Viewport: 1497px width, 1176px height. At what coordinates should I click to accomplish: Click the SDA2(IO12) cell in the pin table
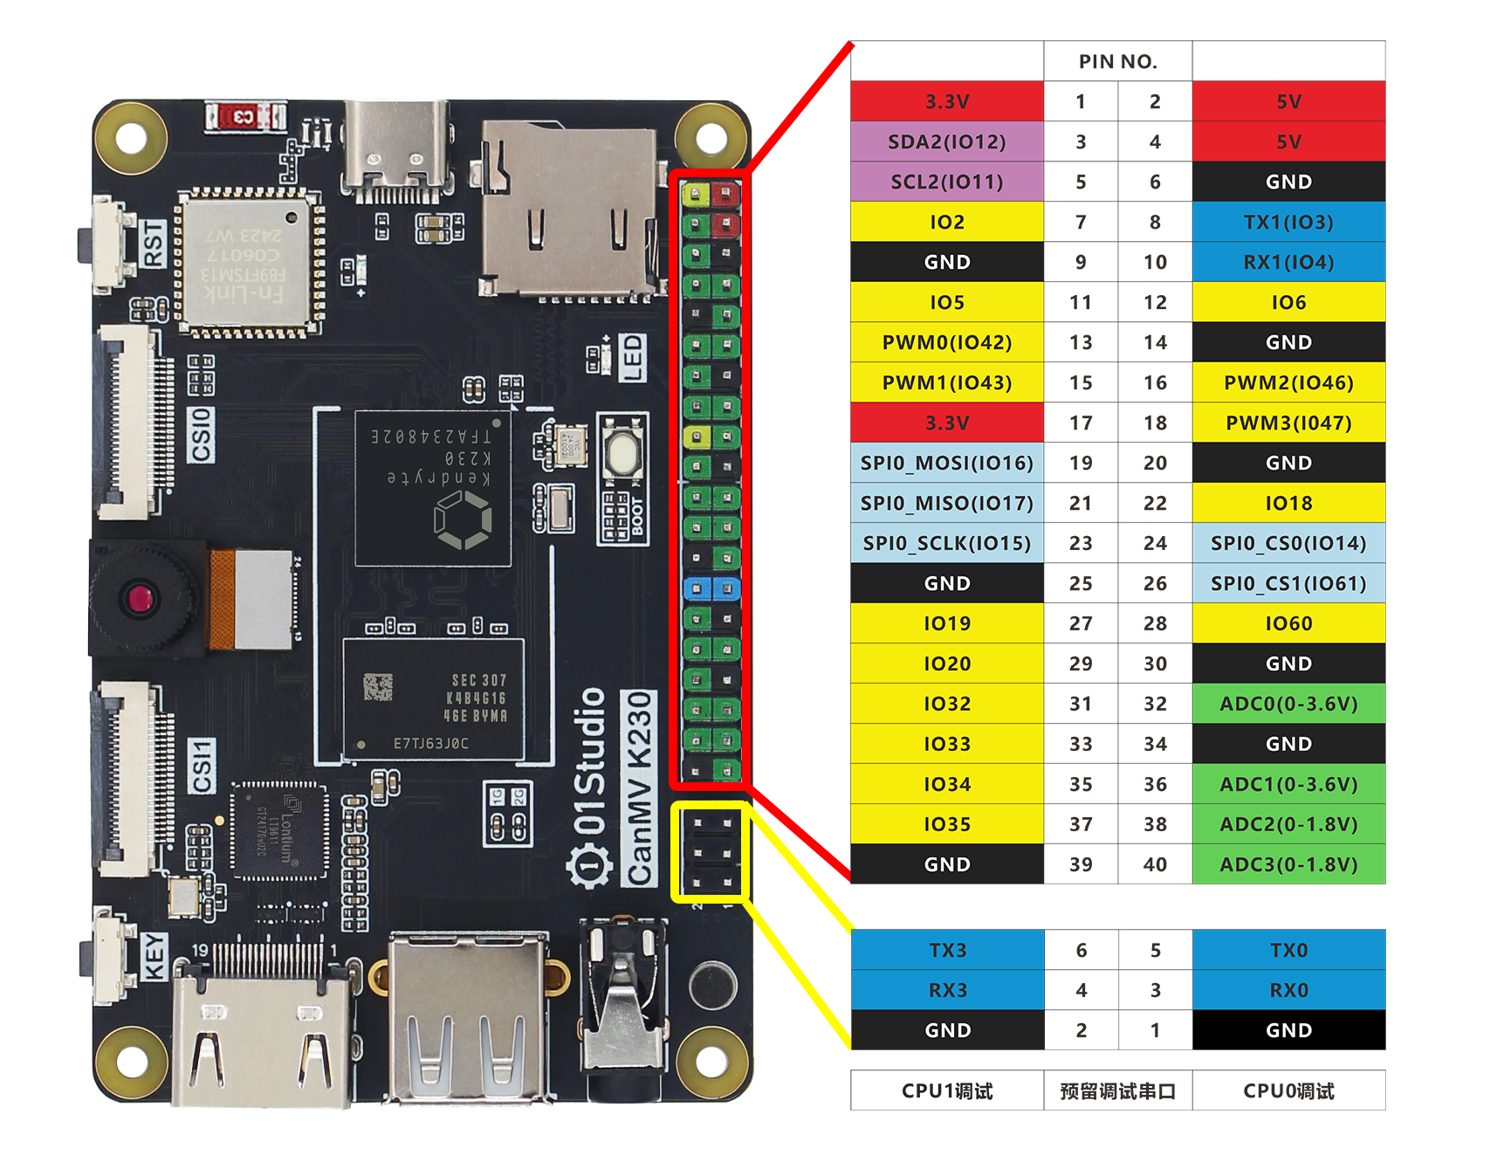coord(947,141)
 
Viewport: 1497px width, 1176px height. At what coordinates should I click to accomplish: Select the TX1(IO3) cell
coord(1288,222)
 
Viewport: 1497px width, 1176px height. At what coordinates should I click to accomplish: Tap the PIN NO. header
coord(1117,61)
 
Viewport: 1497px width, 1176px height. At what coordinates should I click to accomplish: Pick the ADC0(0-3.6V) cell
coord(1288,704)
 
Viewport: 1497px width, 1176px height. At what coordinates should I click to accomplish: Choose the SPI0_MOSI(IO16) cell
coord(947,463)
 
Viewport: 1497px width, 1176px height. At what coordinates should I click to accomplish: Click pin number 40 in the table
coord(1155,864)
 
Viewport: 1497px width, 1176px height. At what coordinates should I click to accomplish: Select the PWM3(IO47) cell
coord(1288,423)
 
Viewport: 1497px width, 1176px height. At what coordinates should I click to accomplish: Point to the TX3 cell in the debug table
coord(947,950)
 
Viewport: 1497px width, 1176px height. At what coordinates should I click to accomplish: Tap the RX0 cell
coord(1288,990)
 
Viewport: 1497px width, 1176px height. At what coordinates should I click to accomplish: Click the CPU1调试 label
coord(947,1090)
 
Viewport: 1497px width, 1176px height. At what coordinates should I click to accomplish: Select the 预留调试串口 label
coord(1117,1090)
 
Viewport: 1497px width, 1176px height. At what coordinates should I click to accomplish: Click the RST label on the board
coord(154,244)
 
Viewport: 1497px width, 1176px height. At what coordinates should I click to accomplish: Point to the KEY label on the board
coord(154,956)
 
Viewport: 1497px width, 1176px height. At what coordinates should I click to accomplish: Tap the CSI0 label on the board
coord(202,435)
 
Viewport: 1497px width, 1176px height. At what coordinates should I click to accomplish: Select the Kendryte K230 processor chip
coord(433,489)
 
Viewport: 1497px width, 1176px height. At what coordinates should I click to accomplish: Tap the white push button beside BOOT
coord(622,452)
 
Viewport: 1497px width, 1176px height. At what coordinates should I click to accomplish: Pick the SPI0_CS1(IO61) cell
coord(1288,583)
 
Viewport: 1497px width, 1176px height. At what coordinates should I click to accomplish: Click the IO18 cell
coord(1288,503)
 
